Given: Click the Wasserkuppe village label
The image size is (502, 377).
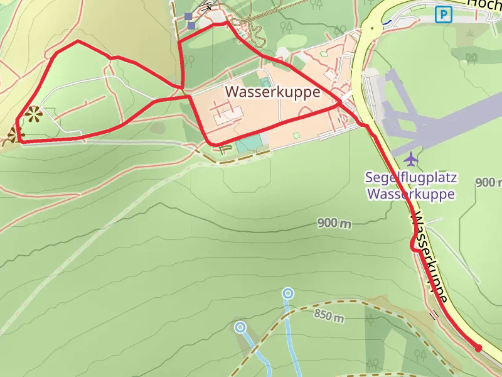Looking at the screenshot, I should [272, 92].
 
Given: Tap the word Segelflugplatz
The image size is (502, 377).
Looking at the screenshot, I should [410, 177].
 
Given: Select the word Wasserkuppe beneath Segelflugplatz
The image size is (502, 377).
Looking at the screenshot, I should [410, 194].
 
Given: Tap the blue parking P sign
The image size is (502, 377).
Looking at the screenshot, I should [444, 14].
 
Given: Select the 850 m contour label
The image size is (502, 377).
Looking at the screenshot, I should [329, 317].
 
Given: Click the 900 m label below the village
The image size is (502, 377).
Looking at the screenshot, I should [334, 223].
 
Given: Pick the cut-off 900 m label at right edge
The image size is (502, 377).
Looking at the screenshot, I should [488, 183].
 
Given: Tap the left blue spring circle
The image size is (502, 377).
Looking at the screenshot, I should [240, 327].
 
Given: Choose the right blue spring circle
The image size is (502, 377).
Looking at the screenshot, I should [287, 292].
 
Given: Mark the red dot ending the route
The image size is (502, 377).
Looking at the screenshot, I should [478, 348].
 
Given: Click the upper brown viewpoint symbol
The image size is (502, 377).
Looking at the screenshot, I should [33, 114].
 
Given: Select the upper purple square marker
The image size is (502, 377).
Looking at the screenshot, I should [188, 16].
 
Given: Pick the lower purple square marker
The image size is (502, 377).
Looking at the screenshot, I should [191, 26].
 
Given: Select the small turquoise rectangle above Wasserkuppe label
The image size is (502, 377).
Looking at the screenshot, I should [266, 82].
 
